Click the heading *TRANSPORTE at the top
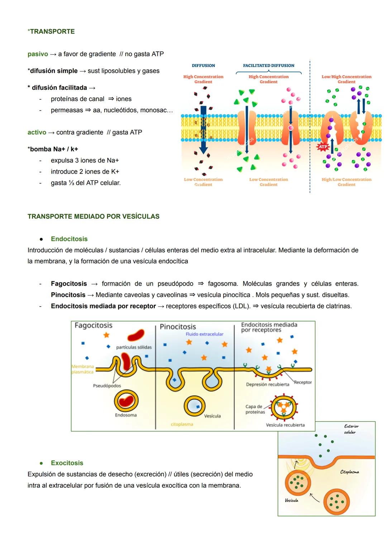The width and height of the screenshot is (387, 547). tap(51, 32)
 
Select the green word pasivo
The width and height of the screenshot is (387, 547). tap(38, 54)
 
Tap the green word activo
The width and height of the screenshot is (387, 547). tap(37, 132)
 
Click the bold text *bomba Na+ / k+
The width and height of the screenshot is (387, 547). tap(53, 149)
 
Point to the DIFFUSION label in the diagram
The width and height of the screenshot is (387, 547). tap(203, 66)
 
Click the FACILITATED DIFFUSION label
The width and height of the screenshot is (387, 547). tap(268, 66)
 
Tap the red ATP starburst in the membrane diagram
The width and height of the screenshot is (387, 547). tap(323, 147)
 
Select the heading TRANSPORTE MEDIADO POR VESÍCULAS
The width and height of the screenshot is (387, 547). tap(94, 216)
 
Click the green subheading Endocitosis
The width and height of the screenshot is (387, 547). tap(69, 239)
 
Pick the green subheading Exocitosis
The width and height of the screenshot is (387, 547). tap(67, 463)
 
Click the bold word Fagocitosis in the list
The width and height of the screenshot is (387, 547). tap(69, 284)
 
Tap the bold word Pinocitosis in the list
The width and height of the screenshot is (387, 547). tap(68, 295)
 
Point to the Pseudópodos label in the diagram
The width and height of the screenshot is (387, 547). tap(107, 386)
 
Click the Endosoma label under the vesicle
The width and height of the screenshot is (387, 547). tap(126, 415)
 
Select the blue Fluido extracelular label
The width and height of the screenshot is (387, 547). tap(204, 334)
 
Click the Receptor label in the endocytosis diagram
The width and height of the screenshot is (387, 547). tap(303, 382)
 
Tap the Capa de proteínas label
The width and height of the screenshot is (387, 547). tap(255, 409)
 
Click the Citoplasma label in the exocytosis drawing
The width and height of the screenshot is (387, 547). tap(349, 472)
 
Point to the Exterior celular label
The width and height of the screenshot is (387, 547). tap(351, 429)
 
